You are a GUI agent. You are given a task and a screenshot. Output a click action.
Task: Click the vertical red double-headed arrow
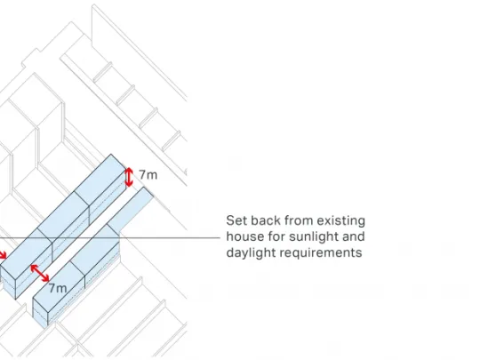click(129, 177)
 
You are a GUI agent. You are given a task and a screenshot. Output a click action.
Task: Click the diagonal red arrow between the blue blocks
click(40, 273)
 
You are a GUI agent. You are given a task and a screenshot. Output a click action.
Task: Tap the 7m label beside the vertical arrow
click(148, 175)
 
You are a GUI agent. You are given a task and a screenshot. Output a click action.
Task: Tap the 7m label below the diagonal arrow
click(58, 288)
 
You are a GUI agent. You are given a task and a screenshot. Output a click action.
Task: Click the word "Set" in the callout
click(237, 220)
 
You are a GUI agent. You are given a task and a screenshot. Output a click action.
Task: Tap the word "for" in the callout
click(276, 236)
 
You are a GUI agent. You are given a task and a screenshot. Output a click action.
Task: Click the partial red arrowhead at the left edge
click(3, 255)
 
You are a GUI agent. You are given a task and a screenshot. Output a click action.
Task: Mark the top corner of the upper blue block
click(111, 155)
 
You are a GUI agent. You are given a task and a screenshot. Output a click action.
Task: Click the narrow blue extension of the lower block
click(130, 207)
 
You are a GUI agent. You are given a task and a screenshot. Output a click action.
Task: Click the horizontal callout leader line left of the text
click(110, 237)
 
